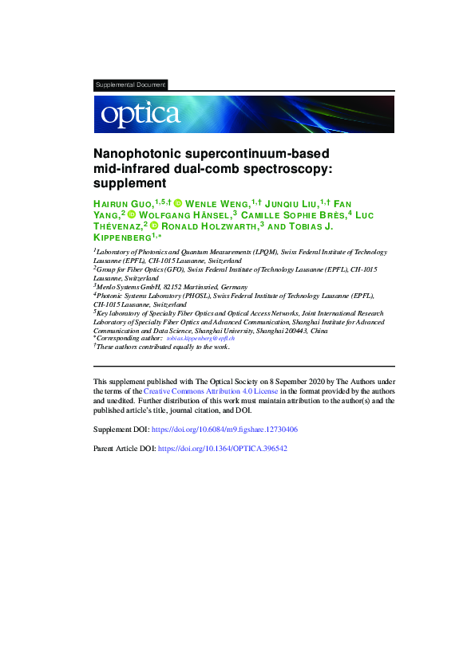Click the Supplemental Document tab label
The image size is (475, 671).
tap(130, 84)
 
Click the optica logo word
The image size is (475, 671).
tap(140, 115)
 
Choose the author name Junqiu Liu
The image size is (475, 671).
tap(298, 205)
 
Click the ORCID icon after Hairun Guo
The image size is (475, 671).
tap(178, 205)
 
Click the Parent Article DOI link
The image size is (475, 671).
tap(223, 449)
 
